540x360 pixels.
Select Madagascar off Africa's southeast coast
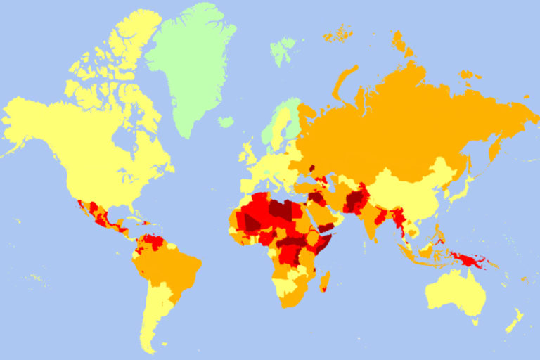(x=325, y=283)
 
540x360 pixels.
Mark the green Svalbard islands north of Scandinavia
(x=283, y=49)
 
